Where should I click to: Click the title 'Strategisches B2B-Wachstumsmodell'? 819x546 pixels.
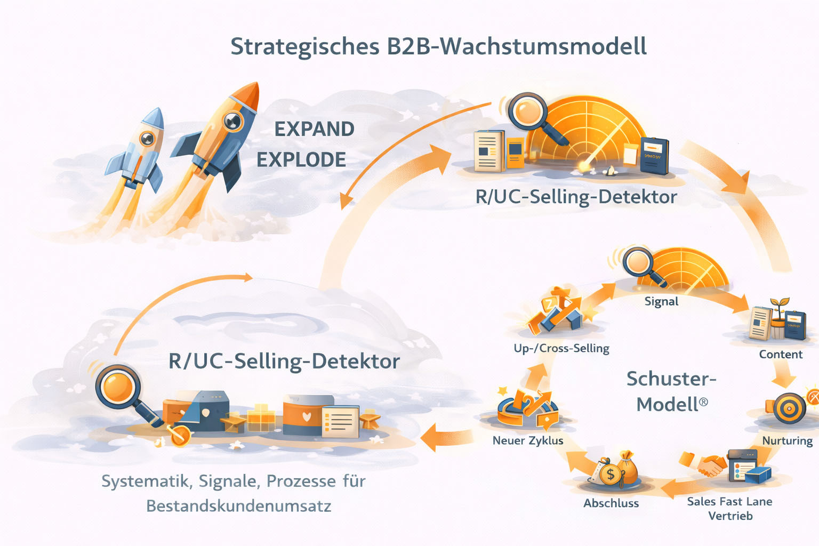438,46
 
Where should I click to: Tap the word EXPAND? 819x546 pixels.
314,129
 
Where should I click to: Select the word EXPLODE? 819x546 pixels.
301,159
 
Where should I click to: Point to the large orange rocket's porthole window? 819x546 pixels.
232,122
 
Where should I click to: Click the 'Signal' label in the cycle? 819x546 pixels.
661,301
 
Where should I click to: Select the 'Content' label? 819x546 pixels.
781,355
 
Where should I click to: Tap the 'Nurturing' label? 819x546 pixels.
787,440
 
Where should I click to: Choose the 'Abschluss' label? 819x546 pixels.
611,503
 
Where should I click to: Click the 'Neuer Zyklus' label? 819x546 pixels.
528,440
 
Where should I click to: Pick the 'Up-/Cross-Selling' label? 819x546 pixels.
561,348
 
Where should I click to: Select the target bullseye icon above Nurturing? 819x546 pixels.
789,408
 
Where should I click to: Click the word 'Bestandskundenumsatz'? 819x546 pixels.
239,505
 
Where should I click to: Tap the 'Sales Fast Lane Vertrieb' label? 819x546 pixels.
729,508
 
